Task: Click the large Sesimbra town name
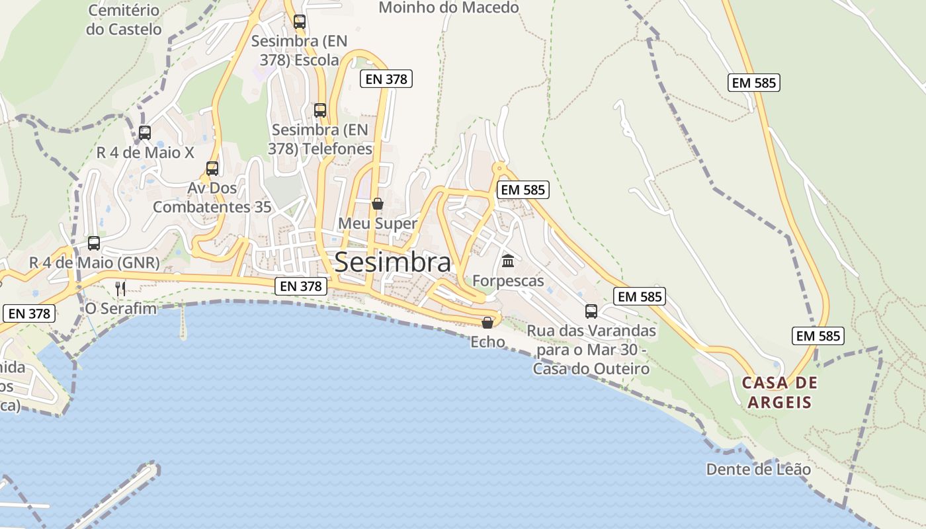click(393, 263)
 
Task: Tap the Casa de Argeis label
click(780, 392)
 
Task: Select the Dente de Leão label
click(758, 469)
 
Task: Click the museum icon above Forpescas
click(508, 261)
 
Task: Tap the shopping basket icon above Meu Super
click(378, 204)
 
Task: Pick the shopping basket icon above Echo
click(487, 323)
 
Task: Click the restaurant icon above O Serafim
click(120, 288)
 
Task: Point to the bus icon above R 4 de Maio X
click(145, 132)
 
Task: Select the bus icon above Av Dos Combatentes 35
click(212, 168)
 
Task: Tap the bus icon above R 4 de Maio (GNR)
click(94, 243)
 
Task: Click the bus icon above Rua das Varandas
click(591, 311)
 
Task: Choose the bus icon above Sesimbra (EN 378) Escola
click(300, 21)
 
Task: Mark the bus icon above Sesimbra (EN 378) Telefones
click(320, 110)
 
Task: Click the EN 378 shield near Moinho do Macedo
click(386, 79)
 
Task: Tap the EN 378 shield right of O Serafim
click(301, 286)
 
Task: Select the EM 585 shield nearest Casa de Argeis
click(818, 336)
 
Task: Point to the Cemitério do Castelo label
click(124, 20)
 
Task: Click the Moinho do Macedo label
click(448, 8)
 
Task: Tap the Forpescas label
click(508, 281)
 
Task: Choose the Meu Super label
click(378, 224)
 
